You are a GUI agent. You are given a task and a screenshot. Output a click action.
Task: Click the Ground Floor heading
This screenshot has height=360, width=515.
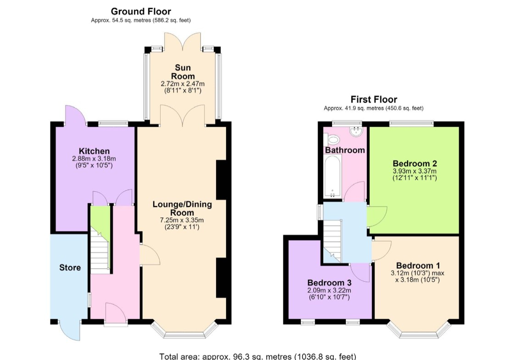tap(141, 11)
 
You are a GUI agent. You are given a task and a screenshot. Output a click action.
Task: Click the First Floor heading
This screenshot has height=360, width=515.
tap(374, 99)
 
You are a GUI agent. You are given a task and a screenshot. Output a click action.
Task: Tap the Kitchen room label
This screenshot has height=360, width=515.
tap(94, 151)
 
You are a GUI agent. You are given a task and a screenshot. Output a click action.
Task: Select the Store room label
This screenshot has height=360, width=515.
tap(70, 267)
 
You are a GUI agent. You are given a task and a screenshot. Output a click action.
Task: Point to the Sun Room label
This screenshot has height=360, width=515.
tap(183, 72)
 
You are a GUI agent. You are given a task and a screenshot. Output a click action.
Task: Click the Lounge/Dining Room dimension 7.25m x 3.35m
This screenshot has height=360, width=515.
tap(182, 220)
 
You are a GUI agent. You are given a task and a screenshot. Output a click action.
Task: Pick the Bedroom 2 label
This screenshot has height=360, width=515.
tap(415, 163)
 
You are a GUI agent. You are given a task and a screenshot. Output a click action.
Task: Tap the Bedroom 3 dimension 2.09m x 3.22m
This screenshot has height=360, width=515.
tap(329, 290)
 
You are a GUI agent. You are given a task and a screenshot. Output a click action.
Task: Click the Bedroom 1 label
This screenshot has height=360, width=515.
tap(418, 266)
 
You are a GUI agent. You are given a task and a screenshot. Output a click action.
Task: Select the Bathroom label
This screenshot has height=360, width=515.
tap(345, 150)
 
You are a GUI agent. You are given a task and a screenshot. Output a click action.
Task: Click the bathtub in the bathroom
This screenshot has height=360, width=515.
tap(333, 177)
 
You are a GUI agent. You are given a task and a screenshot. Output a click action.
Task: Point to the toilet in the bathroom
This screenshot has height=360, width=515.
tap(332, 141)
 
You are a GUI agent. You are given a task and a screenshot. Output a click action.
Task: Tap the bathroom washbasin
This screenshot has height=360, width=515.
tap(356, 132)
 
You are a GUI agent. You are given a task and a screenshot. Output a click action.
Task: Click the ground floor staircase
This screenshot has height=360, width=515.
tap(100, 251)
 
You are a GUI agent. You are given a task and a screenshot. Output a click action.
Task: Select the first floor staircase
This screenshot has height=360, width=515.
tap(332, 240)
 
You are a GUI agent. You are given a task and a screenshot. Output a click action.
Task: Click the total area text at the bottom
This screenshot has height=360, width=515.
tap(258, 356)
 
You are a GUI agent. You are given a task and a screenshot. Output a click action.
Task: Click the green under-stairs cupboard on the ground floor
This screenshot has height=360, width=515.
tap(100, 218)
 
